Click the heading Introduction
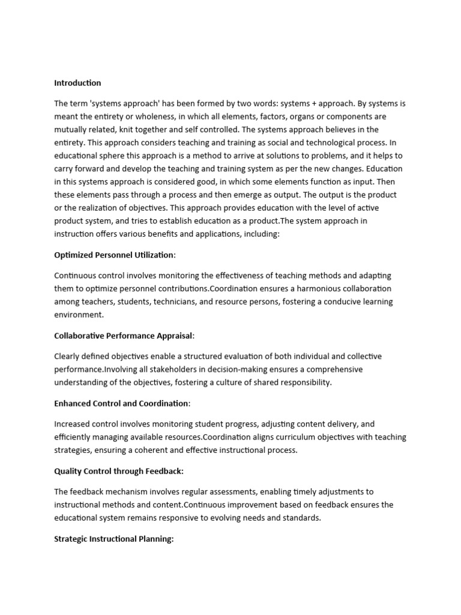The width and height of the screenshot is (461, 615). (x=77, y=83)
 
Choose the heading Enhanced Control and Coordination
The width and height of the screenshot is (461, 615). (x=122, y=404)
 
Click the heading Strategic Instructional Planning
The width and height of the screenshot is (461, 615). (x=113, y=539)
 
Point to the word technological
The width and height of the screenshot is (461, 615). (x=317, y=143)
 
